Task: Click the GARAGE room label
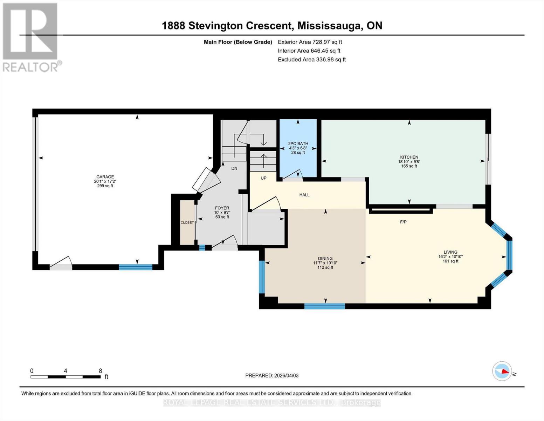coord(105,177)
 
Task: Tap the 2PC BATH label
coord(298,143)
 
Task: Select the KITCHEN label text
coord(409,157)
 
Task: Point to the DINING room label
coord(325,258)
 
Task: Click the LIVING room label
coord(450,252)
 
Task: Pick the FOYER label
coord(222,208)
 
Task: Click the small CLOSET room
coord(187,222)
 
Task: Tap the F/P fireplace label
coord(403,222)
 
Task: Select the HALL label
coord(304,195)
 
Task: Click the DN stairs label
coord(234,168)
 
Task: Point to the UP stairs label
coord(263,178)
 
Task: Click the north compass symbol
coord(503,371)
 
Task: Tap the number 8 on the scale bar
coord(101,371)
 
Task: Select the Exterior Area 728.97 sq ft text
coord(310,42)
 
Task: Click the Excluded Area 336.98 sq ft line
coord(311,60)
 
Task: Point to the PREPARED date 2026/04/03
coord(272,375)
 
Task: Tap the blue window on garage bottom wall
coord(136,267)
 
